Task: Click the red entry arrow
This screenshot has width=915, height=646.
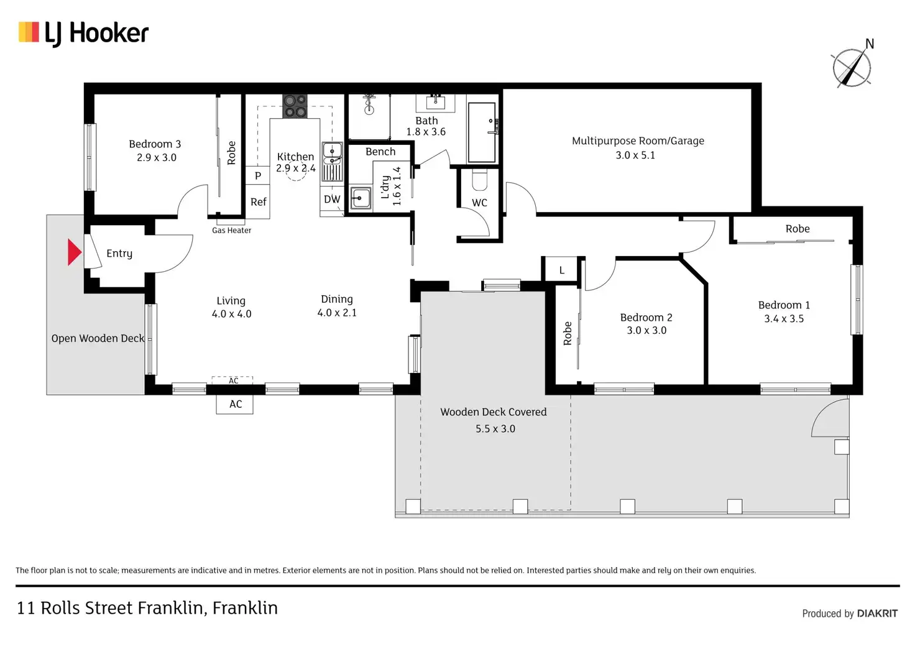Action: click(x=75, y=252)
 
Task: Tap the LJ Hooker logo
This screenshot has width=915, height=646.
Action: click(x=84, y=34)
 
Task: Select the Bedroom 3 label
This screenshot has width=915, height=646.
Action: click(x=155, y=144)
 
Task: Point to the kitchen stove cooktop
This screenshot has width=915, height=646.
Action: click(x=295, y=106)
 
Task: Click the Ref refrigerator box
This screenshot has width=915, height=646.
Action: click(x=258, y=201)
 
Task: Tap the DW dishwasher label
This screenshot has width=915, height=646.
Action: click(x=332, y=199)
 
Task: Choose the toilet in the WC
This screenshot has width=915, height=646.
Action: click(x=480, y=180)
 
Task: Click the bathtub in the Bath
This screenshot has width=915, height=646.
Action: click(x=482, y=132)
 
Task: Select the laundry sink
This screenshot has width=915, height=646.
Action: click(x=361, y=198)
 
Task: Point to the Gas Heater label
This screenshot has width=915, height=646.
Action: click(x=232, y=231)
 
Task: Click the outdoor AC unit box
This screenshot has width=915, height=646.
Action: click(x=235, y=404)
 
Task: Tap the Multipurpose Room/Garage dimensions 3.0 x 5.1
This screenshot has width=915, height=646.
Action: click(x=635, y=155)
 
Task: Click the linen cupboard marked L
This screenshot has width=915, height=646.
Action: click(x=562, y=270)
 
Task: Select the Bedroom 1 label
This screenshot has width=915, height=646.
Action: click(x=784, y=305)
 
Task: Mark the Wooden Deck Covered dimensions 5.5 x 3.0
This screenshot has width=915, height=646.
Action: click(x=495, y=428)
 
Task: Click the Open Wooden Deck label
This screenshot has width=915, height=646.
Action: click(x=98, y=339)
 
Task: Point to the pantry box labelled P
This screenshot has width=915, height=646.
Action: click(x=258, y=176)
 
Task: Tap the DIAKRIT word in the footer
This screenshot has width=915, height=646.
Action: click(x=877, y=613)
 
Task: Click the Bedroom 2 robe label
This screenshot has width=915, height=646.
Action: click(x=568, y=333)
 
